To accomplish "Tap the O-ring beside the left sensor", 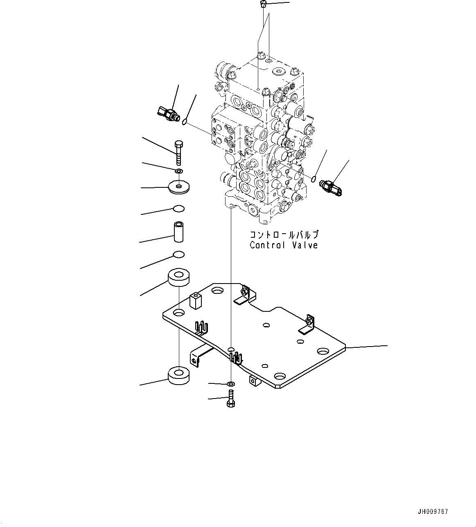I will [x=185, y=121].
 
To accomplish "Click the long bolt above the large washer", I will [x=178, y=152].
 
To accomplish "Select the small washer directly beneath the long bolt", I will [x=179, y=170].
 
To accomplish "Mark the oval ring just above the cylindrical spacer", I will [x=179, y=209].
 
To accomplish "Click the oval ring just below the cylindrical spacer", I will [x=179, y=255].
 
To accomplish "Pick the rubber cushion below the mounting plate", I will [x=179, y=375].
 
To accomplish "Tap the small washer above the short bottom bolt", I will [x=231, y=384].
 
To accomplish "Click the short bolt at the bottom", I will [x=230, y=399].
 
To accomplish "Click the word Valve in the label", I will [x=305, y=245].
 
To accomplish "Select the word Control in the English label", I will [x=267, y=245].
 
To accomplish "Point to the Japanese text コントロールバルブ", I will [x=284, y=235].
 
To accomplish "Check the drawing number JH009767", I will [x=433, y=511].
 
